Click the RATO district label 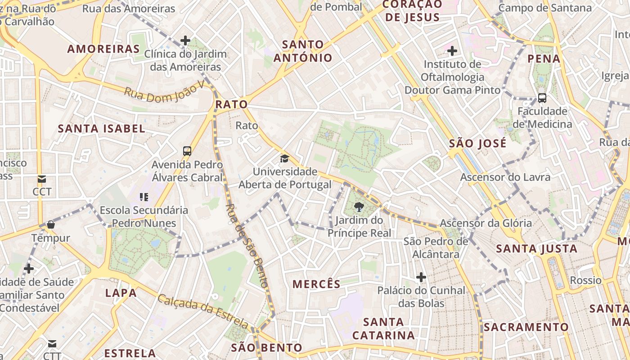click(x=231, y=104)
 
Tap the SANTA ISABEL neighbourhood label click(x=101, y=129)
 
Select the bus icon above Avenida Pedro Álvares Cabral click(x=187, y=151)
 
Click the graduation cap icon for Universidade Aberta click(x=284, y=158)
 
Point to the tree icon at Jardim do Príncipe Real click(x=359, y=207)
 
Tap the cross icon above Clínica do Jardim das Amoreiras click(x=185, y=40)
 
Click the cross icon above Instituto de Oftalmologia click(x=452, y=51)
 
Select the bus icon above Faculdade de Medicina click(x=542, y=98)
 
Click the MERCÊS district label click(x=316, y=284)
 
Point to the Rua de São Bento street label click(x=247, y=245)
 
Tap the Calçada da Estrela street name click(x=203, y=311)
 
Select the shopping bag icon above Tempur click(x=51, y=225)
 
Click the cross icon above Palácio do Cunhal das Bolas click(x=421, y=277)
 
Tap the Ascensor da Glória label click(x=486, y=223)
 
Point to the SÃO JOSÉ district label click(x=477, y=144)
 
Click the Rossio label click(x=585, y=280)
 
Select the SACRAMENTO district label click(x=526, y=327)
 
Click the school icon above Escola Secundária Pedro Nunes click(x=144, y=197)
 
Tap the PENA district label click(x=544, y=58)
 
